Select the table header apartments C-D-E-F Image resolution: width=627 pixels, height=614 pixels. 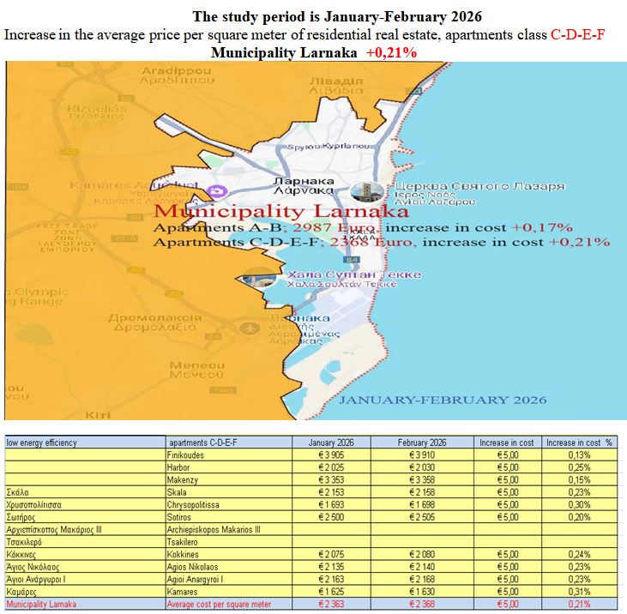click(x=202, y=442)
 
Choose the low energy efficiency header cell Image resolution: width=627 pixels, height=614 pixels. click(x=42, y=442)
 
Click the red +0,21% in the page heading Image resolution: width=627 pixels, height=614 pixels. click(x=391, y=52)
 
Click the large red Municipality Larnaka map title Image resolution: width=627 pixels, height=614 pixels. click(x=280, y=211)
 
